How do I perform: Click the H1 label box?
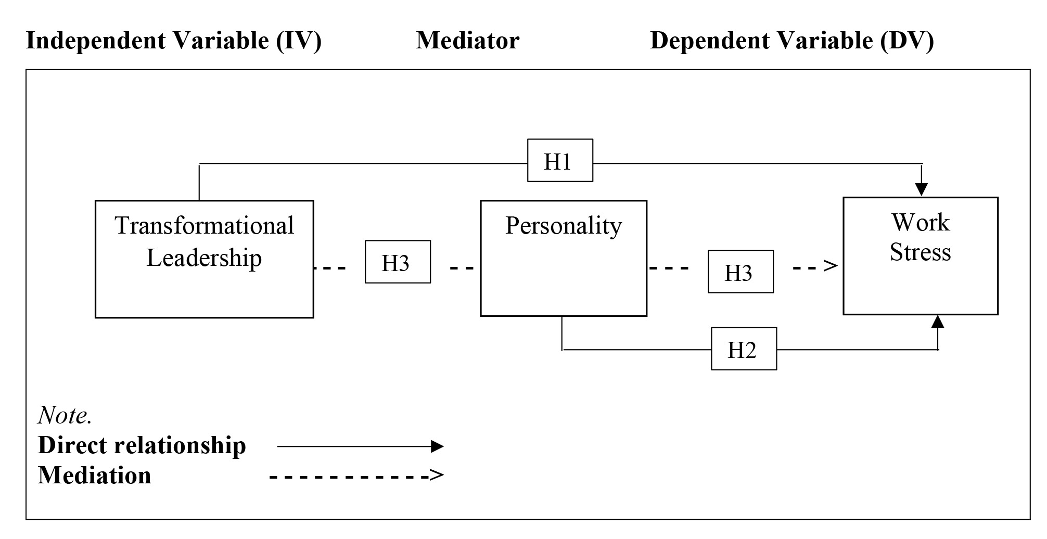tap(560, 160)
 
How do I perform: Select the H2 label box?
tap(744, 349)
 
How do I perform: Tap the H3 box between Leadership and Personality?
tap(398, 262)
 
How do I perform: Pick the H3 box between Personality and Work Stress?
tap(740, 272)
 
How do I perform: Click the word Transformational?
tap(204, 226)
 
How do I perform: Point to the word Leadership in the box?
tap(204, 258)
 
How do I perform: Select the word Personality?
tap(563, 226)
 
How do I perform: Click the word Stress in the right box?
tap(920, 252)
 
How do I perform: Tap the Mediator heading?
tap(467, 41)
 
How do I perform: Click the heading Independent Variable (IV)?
tap(173, 41)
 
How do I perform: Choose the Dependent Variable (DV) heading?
tap(791, 41)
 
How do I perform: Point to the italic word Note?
tap(65, 415)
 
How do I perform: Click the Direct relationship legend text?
tap(142, 445)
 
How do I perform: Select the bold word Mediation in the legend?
tap(94, 475)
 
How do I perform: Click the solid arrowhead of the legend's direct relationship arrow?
tap(437, 446)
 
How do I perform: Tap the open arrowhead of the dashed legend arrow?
tap(437, 475)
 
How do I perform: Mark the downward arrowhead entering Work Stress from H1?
tap(922, 188)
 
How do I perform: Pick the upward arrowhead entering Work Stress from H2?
tap(938, 322)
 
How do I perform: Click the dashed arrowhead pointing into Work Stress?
tap(831, 266)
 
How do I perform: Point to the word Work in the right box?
tap(920, 223)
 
